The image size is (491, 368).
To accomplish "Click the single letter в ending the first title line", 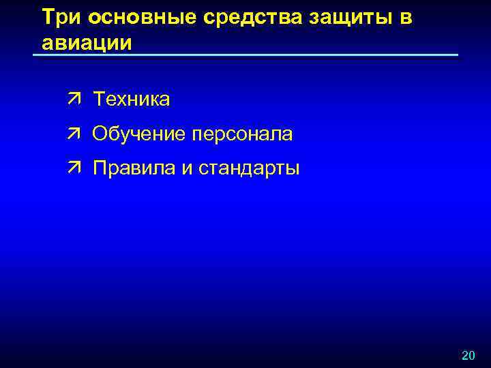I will [x=406, y=18].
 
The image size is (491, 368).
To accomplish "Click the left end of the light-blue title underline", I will [x=34, y=55].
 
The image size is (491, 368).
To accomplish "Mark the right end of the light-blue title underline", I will [x=458, y=55].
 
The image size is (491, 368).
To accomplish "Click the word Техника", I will [x=132, y=99].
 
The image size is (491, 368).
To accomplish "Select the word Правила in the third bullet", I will [x=134, y=168].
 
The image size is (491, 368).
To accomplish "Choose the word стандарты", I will [x=249, y=168].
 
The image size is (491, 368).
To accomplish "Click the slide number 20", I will [x=468, y=356].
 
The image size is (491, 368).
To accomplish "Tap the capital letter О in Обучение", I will [x=100, y=134].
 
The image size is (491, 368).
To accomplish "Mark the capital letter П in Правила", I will [x=100, y=168].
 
